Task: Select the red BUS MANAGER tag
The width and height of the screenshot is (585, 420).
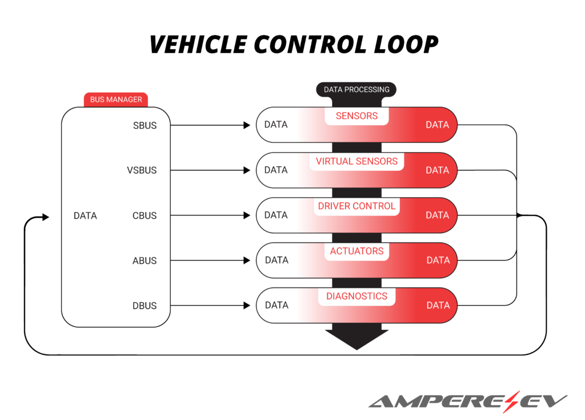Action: click(x=116, y=99)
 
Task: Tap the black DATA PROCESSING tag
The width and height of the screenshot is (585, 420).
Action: click(x=356, y=89)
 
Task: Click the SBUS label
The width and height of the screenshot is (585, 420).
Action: click(x=145, y=125)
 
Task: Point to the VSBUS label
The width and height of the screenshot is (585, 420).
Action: click(x=142, y=170)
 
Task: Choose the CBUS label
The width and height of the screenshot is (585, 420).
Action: click(x=145, y=215)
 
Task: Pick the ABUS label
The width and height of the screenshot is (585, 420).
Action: click(x=145, y=261)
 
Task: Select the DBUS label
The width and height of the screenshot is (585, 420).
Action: click(x=145, y=306)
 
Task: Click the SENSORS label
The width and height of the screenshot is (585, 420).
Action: click(x=356, y=116)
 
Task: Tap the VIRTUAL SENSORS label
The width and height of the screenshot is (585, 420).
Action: click(x=356, y=161)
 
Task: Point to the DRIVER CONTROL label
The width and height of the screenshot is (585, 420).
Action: click(x=356, y=206)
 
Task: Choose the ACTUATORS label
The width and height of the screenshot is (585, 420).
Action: click(x=356, y=251)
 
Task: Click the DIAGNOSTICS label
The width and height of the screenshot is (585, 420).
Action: click(x=356, y=296)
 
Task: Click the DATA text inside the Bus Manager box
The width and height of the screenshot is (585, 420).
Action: click(x=85, y=215)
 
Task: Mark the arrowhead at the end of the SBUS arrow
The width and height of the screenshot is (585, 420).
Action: click(x=247, y=125)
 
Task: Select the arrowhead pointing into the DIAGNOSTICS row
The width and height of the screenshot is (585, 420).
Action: click(x=247, y=306)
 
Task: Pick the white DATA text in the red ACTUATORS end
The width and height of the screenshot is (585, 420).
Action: click(x=438, y=261)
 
